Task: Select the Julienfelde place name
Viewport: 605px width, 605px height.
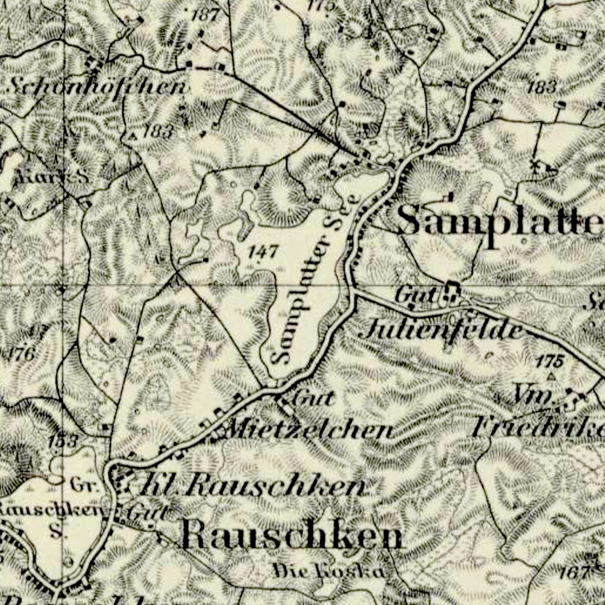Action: tap(442, 330)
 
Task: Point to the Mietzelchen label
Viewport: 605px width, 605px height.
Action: tap(309, 430)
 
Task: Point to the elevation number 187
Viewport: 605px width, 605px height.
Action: tap(204, 15)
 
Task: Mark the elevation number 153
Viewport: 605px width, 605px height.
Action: tap(64, 441)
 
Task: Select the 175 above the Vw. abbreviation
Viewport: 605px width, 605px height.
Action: tap(549, 362)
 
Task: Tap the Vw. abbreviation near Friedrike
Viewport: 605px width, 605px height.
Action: tap(535, 397)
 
